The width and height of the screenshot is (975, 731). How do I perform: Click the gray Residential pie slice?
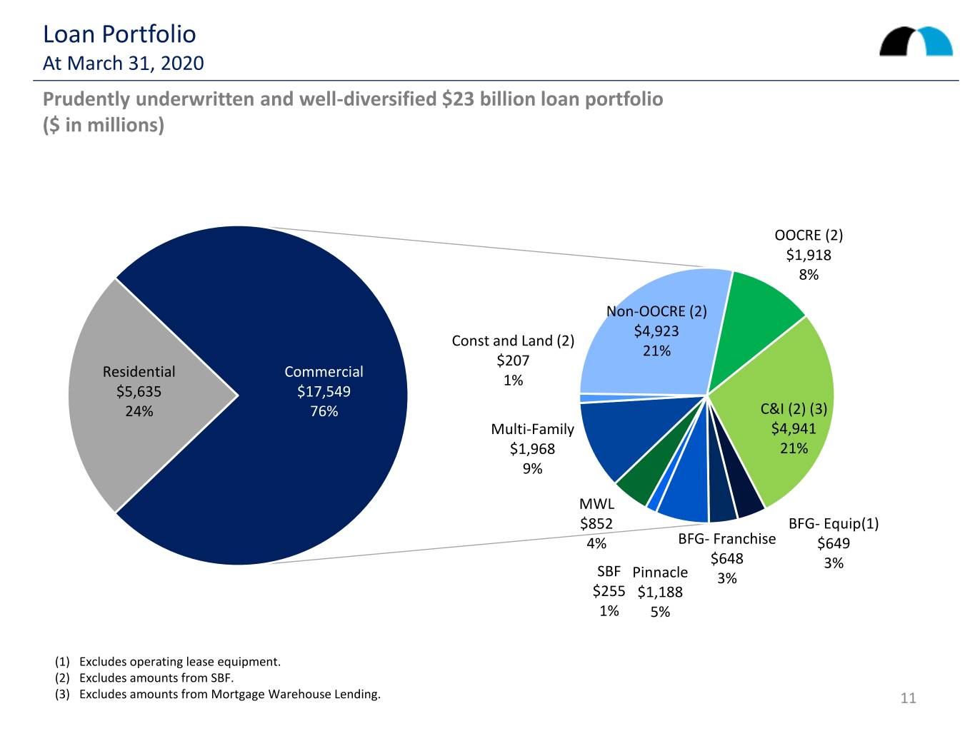coord(134,395)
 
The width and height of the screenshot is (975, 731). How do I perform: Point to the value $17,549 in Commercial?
coord(324,391)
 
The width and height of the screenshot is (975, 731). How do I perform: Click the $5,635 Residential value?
coord(139,391)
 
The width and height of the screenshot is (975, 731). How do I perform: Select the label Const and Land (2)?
coord(513,341)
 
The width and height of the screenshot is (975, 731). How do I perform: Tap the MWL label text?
coord(596,504)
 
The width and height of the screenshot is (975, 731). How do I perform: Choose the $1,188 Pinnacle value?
coord(659,592)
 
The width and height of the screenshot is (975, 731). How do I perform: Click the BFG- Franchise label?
coord(726,539)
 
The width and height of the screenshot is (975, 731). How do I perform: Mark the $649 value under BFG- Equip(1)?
coord(834,543)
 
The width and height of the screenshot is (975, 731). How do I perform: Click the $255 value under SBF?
coord(609,591)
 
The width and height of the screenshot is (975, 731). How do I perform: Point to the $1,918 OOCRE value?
coord(809,255)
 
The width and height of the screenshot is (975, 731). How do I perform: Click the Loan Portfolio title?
coord(119,34)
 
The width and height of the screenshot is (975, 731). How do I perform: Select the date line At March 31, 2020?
coord(123,64)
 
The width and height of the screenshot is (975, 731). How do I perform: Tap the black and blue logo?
coord(916,41)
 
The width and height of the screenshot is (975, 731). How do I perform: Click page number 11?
coord(908,698)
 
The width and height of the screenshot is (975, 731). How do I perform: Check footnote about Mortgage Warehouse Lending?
coord(218,694)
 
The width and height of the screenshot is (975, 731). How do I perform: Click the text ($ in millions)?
coord(104,125)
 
